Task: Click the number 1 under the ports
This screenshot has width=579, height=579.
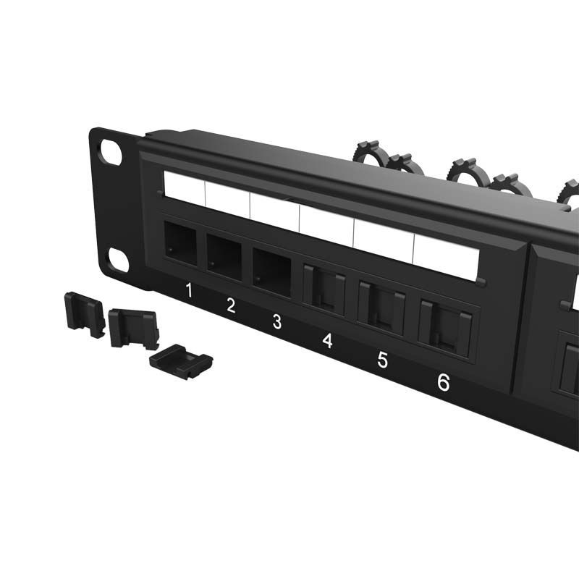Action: (x=188, y=291)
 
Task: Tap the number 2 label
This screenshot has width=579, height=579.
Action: (x=231, y=305)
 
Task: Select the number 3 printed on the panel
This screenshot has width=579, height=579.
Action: (x=276, y=322)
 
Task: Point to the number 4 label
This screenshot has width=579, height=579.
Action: (x=327, y=340)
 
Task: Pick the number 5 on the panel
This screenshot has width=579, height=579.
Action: (x=383, y=360)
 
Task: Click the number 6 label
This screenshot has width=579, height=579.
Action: (x=443, y=382)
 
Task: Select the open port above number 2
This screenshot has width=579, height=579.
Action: (x=224, y=255)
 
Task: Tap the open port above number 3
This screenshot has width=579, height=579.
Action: (x=271, y=269)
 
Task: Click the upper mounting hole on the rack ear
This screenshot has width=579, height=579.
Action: (x=111, y=153)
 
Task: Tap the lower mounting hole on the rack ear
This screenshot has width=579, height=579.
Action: (x=117, y=259)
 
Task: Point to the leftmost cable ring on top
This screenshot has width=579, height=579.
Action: (x=369, y=152)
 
